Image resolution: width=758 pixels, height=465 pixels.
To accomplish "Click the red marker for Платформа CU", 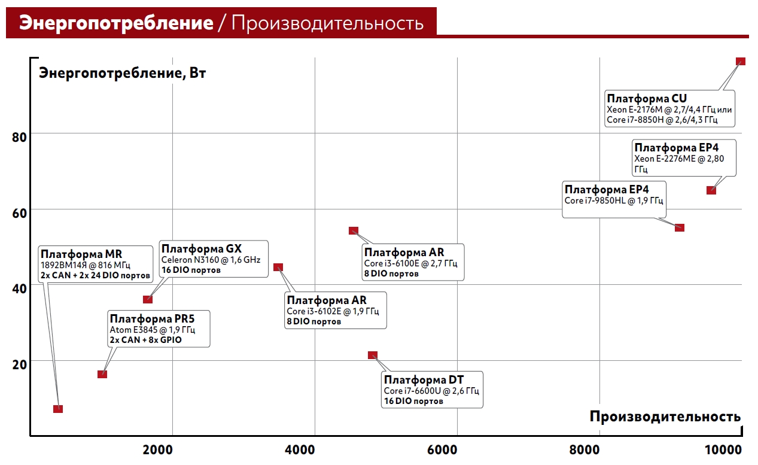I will coord(740,61).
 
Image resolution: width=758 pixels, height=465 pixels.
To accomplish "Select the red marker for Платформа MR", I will coord(58,409).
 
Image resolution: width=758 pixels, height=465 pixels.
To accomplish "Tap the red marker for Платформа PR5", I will coord(102,374).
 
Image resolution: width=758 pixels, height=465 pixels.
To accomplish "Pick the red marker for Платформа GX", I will coord(148,299).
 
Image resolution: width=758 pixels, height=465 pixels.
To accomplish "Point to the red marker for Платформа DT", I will coord(373,355).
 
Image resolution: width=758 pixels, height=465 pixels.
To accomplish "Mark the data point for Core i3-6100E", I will coord(354,231).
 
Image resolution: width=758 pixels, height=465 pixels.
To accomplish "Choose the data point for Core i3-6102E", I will coord(278,267).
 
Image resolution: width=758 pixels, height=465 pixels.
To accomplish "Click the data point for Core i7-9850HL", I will coord(679,227).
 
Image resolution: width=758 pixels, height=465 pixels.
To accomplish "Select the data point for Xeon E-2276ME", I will coord(711,190).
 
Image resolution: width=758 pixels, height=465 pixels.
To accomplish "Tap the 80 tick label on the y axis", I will coord(20,137).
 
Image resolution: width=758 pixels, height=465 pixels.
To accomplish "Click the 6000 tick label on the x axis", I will coord(442,449).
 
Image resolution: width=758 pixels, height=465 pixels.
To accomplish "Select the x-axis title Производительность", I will coord(665,416).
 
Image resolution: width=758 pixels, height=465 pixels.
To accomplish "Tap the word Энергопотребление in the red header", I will coord(116,23).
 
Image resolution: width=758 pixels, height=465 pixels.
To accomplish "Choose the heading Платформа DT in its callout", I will coord(424,380).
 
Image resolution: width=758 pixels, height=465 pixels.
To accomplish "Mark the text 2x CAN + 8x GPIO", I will coord(145,339).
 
